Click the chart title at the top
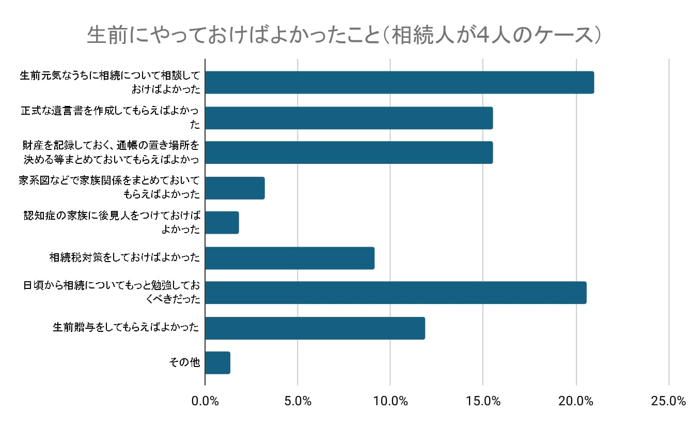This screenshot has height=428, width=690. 344,36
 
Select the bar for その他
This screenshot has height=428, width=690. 217,363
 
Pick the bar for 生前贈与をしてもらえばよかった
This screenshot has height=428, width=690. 315,328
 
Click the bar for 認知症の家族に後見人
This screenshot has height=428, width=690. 222,223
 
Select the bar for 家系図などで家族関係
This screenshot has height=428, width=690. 234,188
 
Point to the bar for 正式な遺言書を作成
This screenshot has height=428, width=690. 349,118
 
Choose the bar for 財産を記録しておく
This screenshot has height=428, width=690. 349,152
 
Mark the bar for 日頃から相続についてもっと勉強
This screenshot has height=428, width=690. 396,293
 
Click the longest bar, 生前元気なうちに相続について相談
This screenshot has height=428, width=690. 399,83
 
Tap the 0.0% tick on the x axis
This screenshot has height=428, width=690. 205,401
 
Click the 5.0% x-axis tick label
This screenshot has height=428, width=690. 297,401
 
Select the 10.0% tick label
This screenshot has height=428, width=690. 390,401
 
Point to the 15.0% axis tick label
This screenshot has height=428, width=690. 482,401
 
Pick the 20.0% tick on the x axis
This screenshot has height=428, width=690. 576,401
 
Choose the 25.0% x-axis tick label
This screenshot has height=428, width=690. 668,401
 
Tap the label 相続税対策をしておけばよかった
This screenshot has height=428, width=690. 124,257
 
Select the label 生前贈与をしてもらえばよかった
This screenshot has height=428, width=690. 126,327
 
